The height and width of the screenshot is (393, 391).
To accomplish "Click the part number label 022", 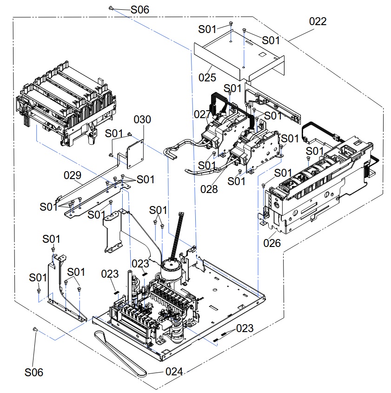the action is [x=318, y=21].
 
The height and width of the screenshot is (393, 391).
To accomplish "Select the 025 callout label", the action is [x=207, y=78].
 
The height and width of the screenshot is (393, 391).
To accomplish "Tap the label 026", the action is [x=272, y=243].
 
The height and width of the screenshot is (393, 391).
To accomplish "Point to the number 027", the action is [x=202, y=114].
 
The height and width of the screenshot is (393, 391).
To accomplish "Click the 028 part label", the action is [x=209, y=189].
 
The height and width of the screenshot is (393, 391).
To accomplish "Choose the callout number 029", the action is [x=73, y=175].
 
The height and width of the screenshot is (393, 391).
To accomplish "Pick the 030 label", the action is [x=142, y=120].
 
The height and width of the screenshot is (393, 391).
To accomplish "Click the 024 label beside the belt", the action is [x=174, y=372].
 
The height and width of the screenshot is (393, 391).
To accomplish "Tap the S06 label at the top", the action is [x=140, y=10].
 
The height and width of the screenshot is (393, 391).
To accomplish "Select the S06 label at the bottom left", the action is [x=34, y=373].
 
